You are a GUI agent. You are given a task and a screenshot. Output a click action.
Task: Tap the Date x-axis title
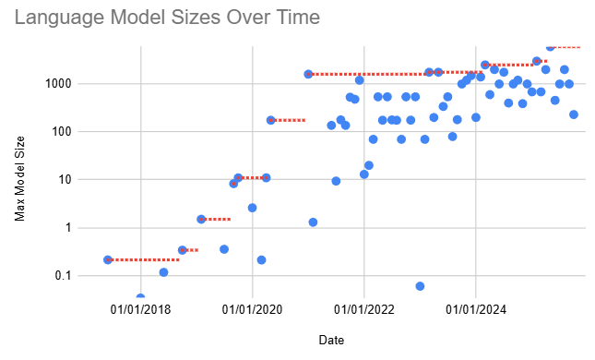(331, 340)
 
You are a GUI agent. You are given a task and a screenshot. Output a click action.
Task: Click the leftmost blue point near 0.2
(108, 260)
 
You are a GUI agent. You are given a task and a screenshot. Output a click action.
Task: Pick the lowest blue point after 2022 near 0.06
(420, 286)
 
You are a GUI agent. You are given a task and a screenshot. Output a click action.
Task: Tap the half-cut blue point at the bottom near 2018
(140, 298)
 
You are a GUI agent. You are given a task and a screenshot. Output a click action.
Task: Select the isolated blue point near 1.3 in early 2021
(313, 222)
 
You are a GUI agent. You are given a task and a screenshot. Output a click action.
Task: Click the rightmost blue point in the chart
(573, 114)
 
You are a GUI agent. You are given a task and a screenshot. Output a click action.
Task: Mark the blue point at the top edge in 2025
(550, 46)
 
